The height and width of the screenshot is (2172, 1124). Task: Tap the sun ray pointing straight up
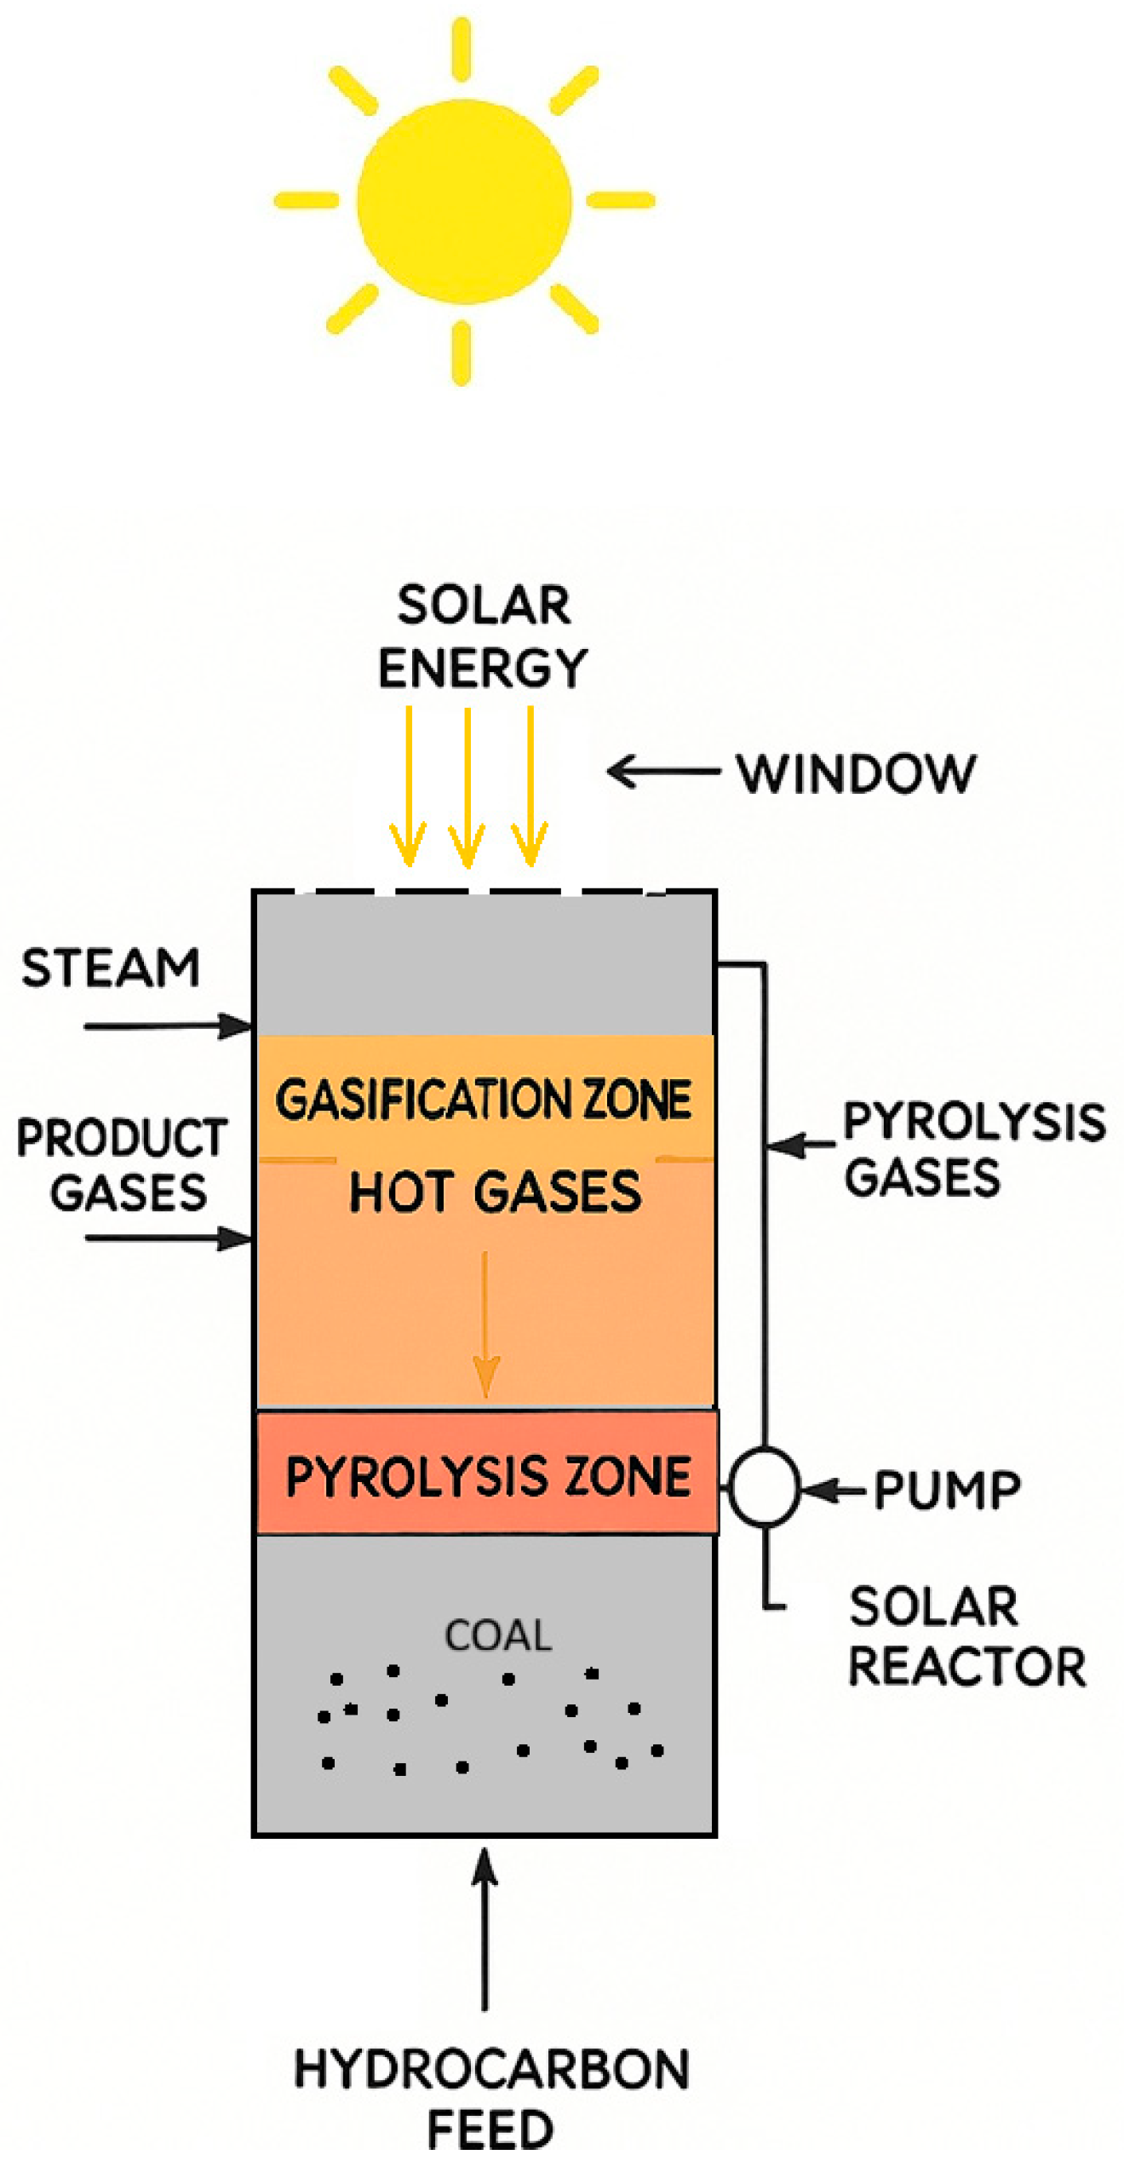(462, 49)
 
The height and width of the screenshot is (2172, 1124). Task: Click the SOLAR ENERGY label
(483, 635)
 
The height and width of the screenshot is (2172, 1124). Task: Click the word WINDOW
(856, 773)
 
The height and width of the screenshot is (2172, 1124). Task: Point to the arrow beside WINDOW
(662, 772)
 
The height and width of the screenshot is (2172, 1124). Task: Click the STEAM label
(111, 968)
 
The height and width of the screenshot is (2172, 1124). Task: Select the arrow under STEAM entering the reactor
(167, 1026)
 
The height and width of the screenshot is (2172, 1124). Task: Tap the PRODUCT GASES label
(123, 1164)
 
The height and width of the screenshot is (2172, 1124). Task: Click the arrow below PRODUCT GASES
(167, 1237)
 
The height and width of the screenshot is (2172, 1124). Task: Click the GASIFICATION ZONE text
(483, 1099)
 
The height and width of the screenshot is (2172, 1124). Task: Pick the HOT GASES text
(495, 1191)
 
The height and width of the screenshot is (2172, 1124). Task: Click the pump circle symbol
(764, 1485)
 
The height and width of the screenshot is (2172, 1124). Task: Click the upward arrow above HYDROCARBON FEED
(485, 1928)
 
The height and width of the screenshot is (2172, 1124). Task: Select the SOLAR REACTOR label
(966, 1635)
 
